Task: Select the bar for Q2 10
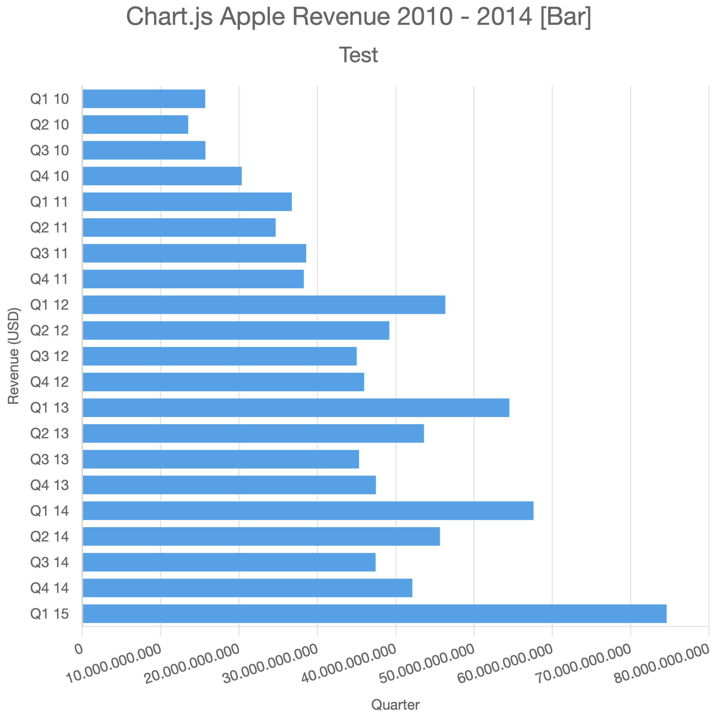[x=135, y=124]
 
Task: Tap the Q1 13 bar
[x=296, y=408]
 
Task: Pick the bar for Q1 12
[x=264, y=305]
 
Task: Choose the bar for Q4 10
[x=162, y=176]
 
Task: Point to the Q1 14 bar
[x=308, y=511]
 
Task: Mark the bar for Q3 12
[x=220, y=356]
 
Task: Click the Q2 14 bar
[x=261, y=536]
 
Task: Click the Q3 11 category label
[x=49, y=253]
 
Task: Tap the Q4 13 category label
[x=49, y=485]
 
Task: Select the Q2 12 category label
[x=49, y=330]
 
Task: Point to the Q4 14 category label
[x=49, y=588]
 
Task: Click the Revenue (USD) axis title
[x=13, y=356]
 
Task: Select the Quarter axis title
[x=395, y=704]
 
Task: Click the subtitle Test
[x=359, y=55]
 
